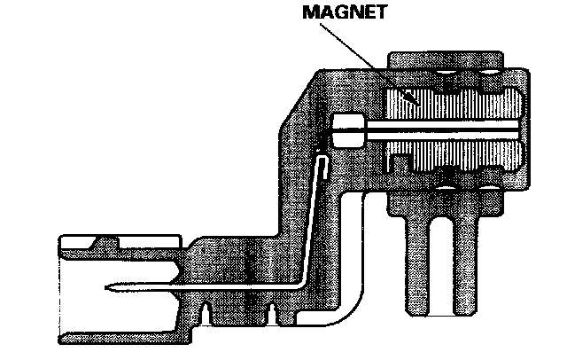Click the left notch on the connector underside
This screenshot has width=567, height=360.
pos(206,309)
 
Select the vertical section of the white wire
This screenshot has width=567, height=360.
pos(310,222)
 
